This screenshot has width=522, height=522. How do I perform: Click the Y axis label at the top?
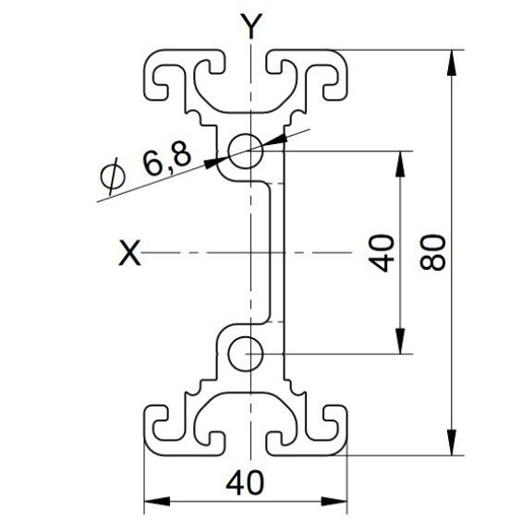click(252, 26)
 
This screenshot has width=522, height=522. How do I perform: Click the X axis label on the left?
click(129, 252)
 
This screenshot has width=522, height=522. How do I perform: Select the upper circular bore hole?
click(246, 152)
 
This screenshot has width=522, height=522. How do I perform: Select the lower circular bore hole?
click(246, 354)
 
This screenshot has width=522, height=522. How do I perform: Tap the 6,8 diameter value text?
click(166, 159)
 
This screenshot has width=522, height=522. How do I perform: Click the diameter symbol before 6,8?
click(113, 176)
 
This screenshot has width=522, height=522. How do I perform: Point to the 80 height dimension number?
click(432, 252)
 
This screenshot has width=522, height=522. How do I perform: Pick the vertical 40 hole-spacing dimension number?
click(382, 253)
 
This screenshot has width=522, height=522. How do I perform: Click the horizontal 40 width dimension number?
click(245, 482)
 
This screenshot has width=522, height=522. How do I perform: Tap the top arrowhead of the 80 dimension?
click(451, 63)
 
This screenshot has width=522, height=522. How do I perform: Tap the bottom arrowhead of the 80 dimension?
click(451, 443)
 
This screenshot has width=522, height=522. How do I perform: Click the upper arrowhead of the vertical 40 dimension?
click(400, 164)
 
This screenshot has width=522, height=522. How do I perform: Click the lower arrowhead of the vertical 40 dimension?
click(400, 341)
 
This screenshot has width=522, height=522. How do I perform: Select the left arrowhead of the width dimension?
click(157, 502)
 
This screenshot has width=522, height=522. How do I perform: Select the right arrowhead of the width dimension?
click(334, 502)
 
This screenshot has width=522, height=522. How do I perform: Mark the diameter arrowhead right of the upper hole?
click(274, 140)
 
